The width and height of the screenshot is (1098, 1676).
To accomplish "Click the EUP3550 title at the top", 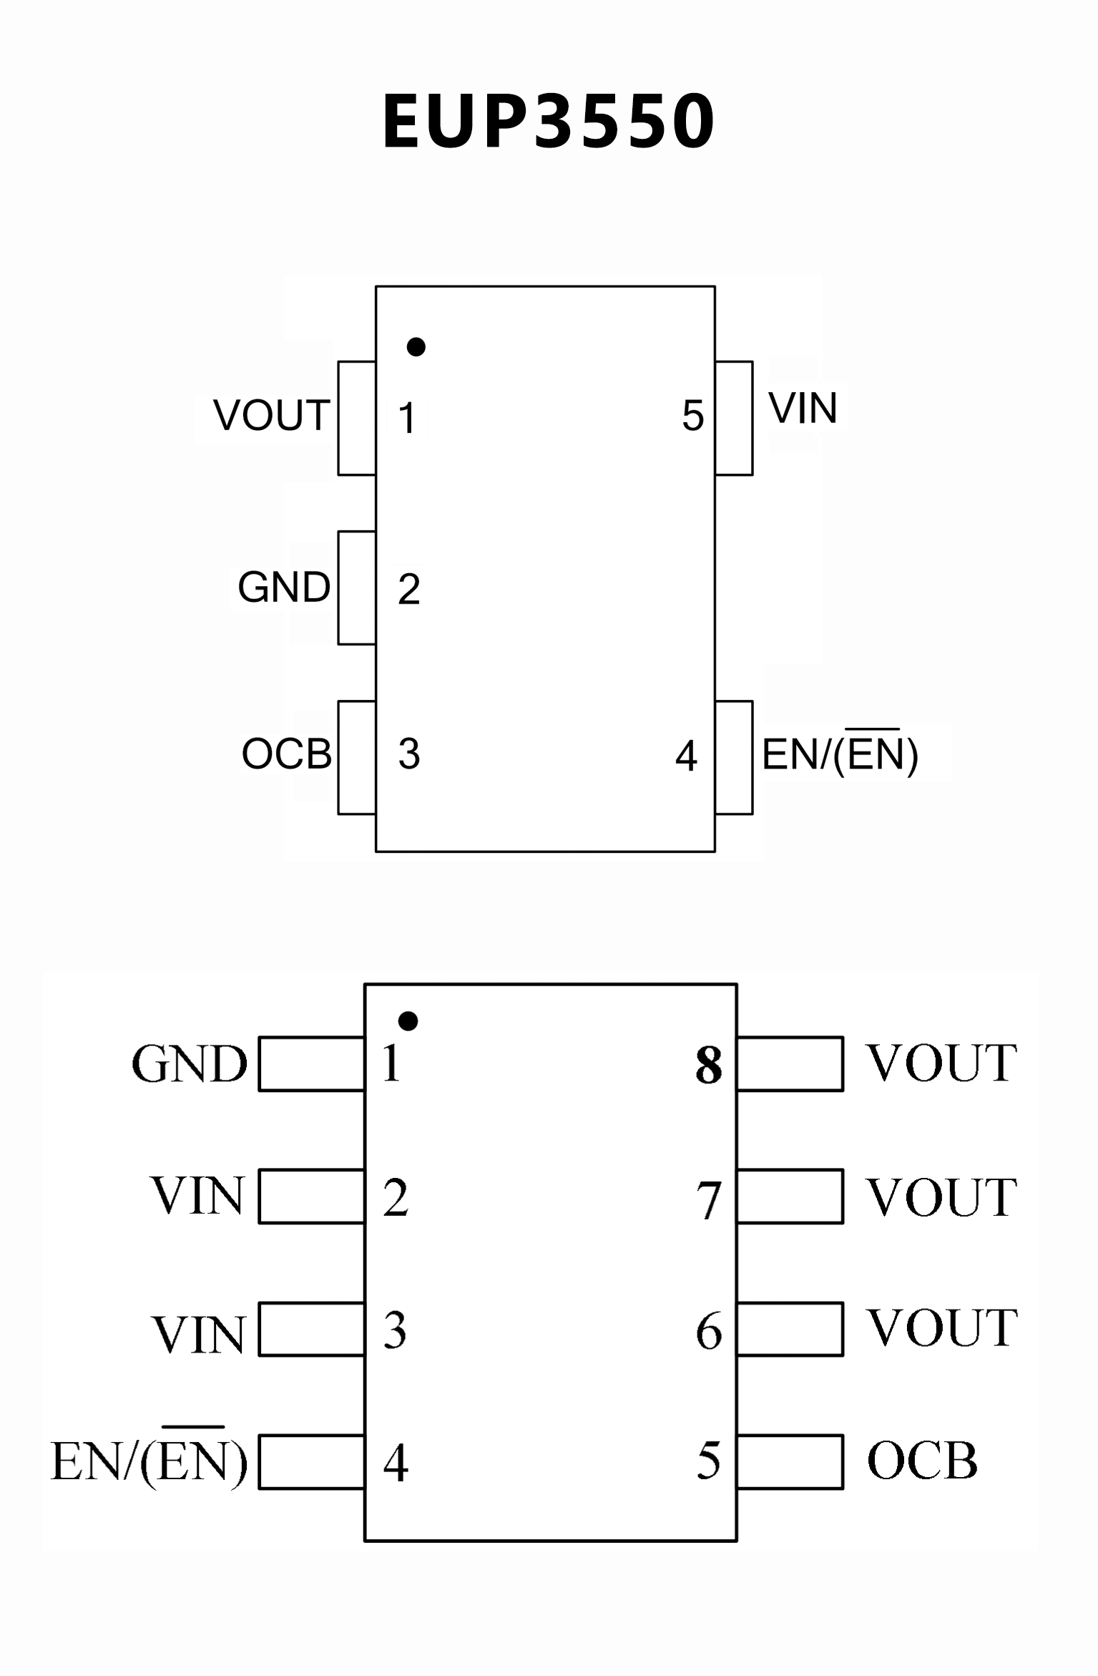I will click(x=549, y=122).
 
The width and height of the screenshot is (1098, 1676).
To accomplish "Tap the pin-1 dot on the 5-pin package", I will click(x=416, y=347).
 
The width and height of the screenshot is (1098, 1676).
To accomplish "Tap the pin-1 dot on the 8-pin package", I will click(x=408, y=1021).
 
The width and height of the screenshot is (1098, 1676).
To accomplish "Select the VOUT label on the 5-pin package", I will click(x=272, y=415).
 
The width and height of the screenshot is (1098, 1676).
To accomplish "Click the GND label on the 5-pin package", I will click(x=284, y=588).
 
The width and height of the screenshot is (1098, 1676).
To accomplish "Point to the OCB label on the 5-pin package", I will click(x=287, y=754).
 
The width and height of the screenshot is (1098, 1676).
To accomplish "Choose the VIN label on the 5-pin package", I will click(x=803, y=409).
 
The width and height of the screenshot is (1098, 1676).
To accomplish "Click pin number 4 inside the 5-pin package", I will click(x=686, y=756).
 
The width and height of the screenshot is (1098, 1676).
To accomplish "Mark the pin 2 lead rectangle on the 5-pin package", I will click(x=357, y=588).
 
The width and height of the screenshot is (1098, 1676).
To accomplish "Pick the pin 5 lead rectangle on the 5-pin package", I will click(x=734, y=418).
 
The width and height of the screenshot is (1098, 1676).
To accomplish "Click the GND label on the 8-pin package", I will click(x=190, y=1064).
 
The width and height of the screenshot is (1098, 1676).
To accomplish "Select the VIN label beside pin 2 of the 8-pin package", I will click(x=197, y=1196).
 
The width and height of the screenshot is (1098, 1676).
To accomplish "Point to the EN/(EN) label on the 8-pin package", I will click(x=149, y=1461).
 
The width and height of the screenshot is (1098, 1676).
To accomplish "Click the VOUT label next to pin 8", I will click(x=942, y=1063).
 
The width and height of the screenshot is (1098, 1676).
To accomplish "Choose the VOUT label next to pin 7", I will click(x=942, y=1197).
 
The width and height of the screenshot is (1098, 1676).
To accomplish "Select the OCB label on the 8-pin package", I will click(x=922, y=1461).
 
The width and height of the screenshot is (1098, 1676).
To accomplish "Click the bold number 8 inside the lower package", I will click(x=709, y=1066).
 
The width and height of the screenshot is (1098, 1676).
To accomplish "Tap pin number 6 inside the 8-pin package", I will click(x=709, y=1332).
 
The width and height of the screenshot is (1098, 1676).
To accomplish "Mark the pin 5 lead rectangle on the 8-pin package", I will click(x=790, y=1462).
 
